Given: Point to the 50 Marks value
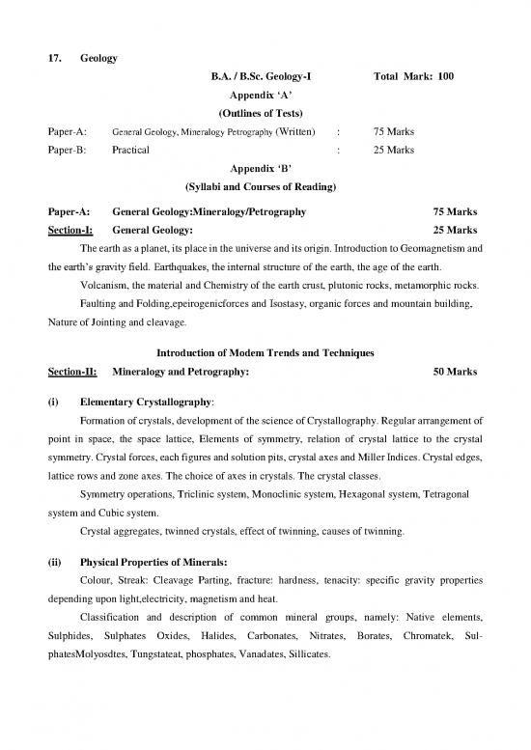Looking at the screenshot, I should (455, 371).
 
